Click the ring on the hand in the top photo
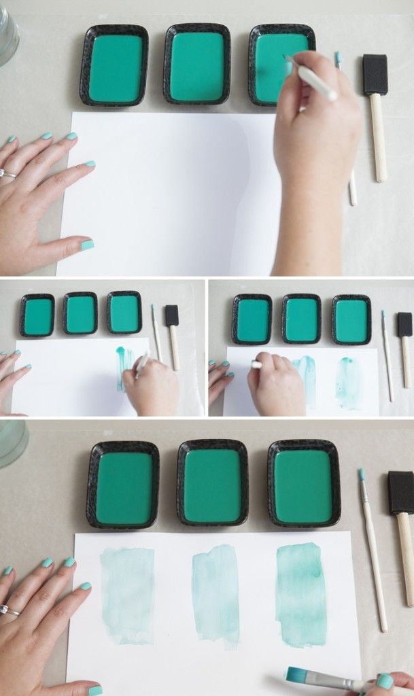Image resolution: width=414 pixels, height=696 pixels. coord(7,174)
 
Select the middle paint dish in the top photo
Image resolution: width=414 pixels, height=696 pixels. coord(197,65)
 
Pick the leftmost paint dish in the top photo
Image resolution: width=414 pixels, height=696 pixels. coord(114,66)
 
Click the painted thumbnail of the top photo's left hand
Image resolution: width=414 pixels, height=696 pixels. coord(87,245)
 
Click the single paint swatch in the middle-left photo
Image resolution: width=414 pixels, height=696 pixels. coord(122,367)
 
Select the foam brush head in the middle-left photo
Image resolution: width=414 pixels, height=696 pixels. coord(172,315)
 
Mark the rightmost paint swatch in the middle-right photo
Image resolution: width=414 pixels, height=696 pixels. coord(349,383)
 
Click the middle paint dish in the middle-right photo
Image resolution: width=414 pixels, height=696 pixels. coord(301,319)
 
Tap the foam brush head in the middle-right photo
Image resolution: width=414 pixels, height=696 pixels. coord(404,324)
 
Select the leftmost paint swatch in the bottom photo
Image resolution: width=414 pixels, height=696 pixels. coord(128,595)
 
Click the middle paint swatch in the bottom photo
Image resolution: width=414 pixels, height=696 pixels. coord(215,595)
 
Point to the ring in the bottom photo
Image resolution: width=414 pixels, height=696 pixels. coord(8,610)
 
